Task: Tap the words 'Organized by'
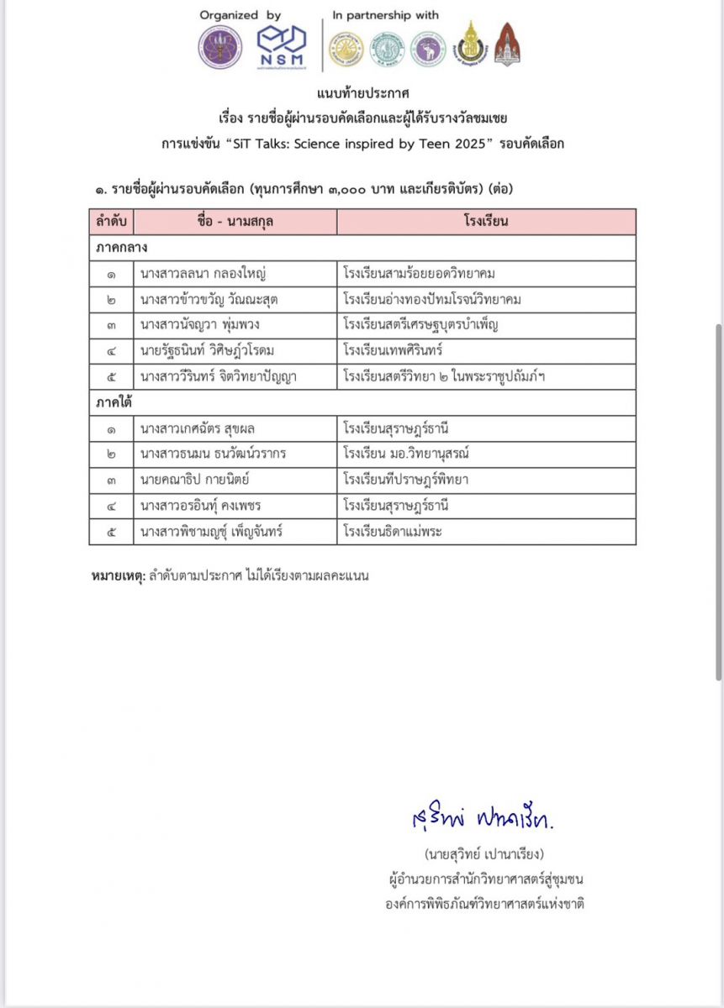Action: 240,15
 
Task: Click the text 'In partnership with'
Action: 385,15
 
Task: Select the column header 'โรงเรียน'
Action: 486,222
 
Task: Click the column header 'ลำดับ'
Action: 111,222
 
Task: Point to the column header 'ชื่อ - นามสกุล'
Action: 235,222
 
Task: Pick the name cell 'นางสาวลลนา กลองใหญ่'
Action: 205,274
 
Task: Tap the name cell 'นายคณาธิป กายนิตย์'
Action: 199,480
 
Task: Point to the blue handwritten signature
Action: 483,817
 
